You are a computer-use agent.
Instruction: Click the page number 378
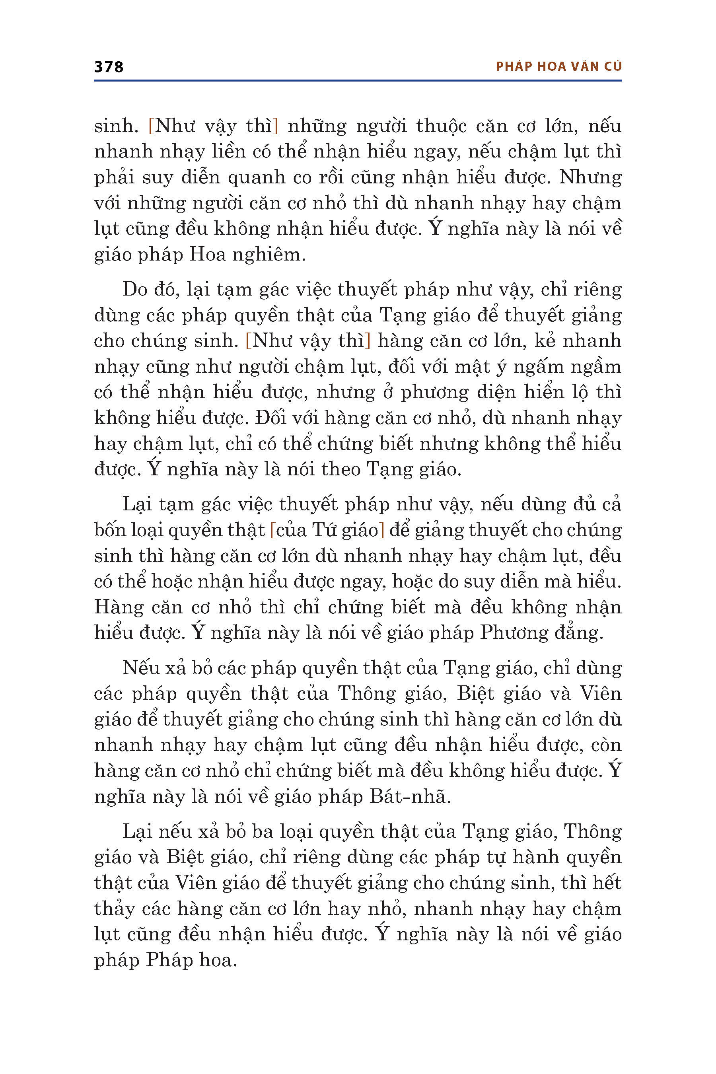pos(109,67)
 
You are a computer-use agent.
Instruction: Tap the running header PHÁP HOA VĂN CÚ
pos(558,67)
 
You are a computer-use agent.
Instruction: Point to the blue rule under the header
pos(358,81)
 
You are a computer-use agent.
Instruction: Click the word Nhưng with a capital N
pos(590,177)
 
